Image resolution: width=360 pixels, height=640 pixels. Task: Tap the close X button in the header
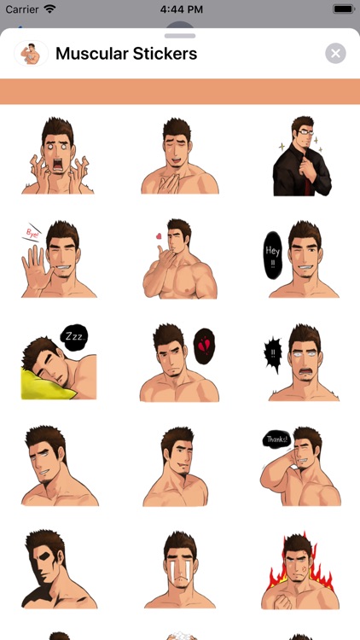click(335, 54)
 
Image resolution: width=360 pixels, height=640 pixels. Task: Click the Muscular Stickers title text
click(126, 54)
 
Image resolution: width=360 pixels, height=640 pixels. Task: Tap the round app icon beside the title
click(30, 54)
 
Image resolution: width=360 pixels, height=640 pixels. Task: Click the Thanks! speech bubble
click(276, 440)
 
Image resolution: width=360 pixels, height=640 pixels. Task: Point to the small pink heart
click(158, 236)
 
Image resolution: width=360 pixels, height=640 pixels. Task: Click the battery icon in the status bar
click(343, 9)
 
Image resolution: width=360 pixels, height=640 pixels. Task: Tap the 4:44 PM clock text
click(179, 9)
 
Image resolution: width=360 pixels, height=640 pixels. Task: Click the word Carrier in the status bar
click(21, 9)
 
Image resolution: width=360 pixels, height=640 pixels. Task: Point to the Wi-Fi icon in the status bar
click(50, 9)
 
